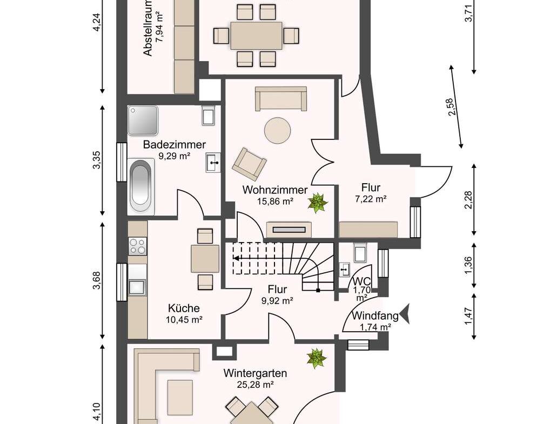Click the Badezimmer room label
click(175, 145)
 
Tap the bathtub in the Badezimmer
click(141, 186)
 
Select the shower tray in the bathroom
click(143, 120)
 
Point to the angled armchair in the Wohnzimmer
click(249, 163)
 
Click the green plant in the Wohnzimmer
click(318, 203)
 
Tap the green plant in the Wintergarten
click(317, 359)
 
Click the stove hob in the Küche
click(137, 246)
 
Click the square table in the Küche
click(205, 259)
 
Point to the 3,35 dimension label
click(97, 160)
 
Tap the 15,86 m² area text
click(276, 201)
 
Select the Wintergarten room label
click(255, 373)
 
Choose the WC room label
click(361, 281)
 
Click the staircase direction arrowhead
click(236, 259)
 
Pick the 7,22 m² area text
click(371, 199)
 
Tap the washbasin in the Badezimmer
click(213, 163)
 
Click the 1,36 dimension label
click(468, 266)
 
